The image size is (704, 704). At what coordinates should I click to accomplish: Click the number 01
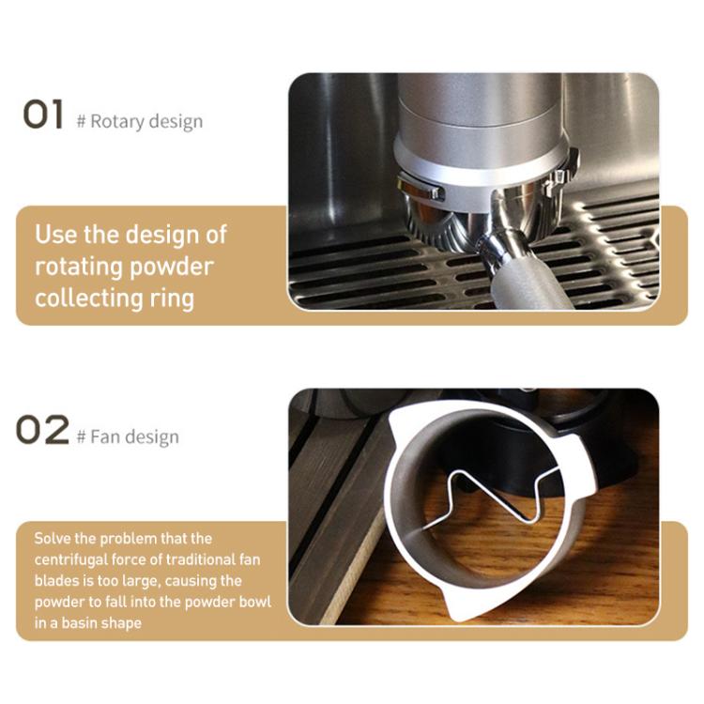click(42, 115)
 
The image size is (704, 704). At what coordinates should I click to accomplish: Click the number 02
click(43, 431)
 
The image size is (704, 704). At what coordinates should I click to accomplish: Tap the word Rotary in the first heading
click(115, 122)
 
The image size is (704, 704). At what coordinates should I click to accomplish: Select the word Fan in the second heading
click(104, 437)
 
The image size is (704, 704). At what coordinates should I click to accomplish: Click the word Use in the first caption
click(55, 234)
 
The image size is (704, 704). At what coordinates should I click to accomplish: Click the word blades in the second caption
click(56, 580)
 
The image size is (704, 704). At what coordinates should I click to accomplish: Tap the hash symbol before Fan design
click(82, 437)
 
